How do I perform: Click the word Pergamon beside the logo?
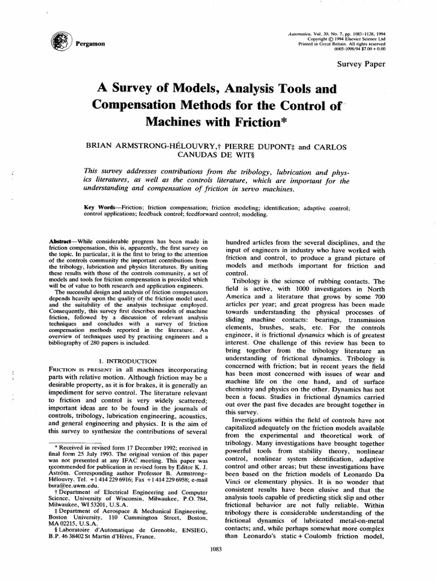coord(83,43)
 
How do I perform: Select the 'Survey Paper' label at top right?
coord(361,64)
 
